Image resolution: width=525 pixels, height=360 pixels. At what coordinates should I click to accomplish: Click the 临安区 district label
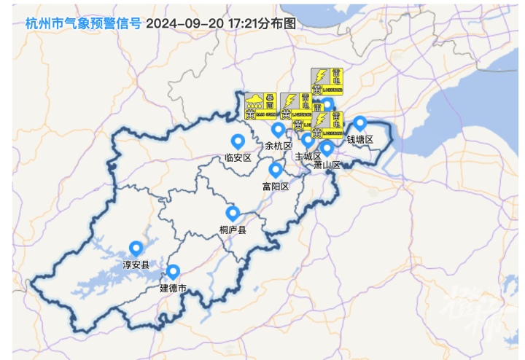point(238,157)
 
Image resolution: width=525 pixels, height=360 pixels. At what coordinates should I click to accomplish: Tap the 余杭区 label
point(279,146)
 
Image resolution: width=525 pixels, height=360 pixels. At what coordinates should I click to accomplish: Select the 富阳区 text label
point(276,187)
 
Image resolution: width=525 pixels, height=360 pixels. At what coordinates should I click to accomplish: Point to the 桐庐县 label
point(233,230)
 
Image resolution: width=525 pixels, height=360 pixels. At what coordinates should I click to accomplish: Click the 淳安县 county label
point(136,265)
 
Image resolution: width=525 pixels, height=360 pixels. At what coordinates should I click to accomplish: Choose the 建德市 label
point(174,289)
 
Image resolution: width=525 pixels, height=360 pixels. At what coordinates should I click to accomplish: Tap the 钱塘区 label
point(359,139)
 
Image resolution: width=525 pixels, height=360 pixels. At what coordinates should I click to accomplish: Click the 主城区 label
point(308,156)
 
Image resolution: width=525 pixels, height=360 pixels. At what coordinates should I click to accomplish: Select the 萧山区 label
point(327,165)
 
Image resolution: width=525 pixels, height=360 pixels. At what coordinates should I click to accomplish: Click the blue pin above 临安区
point(237,141)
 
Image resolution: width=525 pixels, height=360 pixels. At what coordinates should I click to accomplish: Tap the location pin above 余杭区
point(278,130)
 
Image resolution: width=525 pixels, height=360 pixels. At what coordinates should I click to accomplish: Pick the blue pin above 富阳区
point(275,170)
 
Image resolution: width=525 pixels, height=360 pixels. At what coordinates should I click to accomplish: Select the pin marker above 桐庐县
point(233,213)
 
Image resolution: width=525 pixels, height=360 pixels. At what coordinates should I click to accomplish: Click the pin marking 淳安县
point(136,248)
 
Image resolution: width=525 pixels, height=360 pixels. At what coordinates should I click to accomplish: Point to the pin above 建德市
point(174,272)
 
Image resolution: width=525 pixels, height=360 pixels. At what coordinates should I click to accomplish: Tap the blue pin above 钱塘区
point(359,122)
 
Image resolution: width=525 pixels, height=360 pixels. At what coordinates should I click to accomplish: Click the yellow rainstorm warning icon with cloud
point(254,106)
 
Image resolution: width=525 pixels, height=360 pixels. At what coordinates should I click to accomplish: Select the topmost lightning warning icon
point(327,81)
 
